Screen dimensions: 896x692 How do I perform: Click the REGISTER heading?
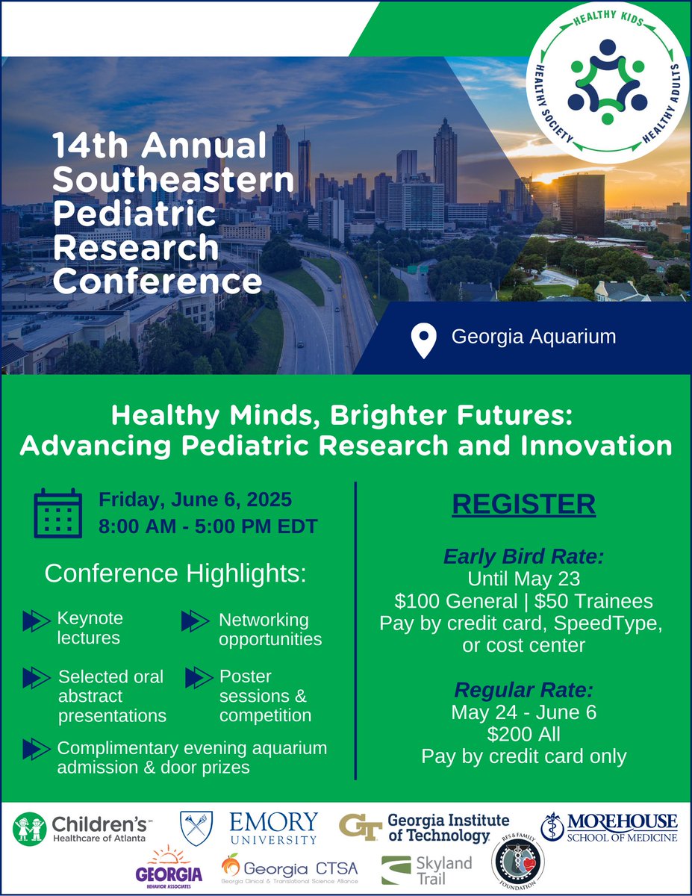tap(523, 505)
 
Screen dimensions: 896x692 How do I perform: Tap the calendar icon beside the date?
tap(58, 514)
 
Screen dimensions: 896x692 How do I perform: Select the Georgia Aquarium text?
tap(534, 337)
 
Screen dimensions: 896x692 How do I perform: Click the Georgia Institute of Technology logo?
tap(425, 827)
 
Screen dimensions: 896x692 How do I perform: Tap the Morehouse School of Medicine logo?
tap(610, 827)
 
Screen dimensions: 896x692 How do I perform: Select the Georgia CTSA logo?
tap(290, 871)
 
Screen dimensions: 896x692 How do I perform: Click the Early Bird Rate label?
tap(523, 557)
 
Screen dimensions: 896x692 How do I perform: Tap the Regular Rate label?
tap(523, 689)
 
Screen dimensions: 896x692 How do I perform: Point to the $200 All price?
tap(523, 734)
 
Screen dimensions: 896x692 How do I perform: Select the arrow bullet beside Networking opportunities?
tap(194, 620)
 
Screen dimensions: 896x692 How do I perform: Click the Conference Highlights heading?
tap(175, 573)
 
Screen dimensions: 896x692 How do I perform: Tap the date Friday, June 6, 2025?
tap(196, 499)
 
